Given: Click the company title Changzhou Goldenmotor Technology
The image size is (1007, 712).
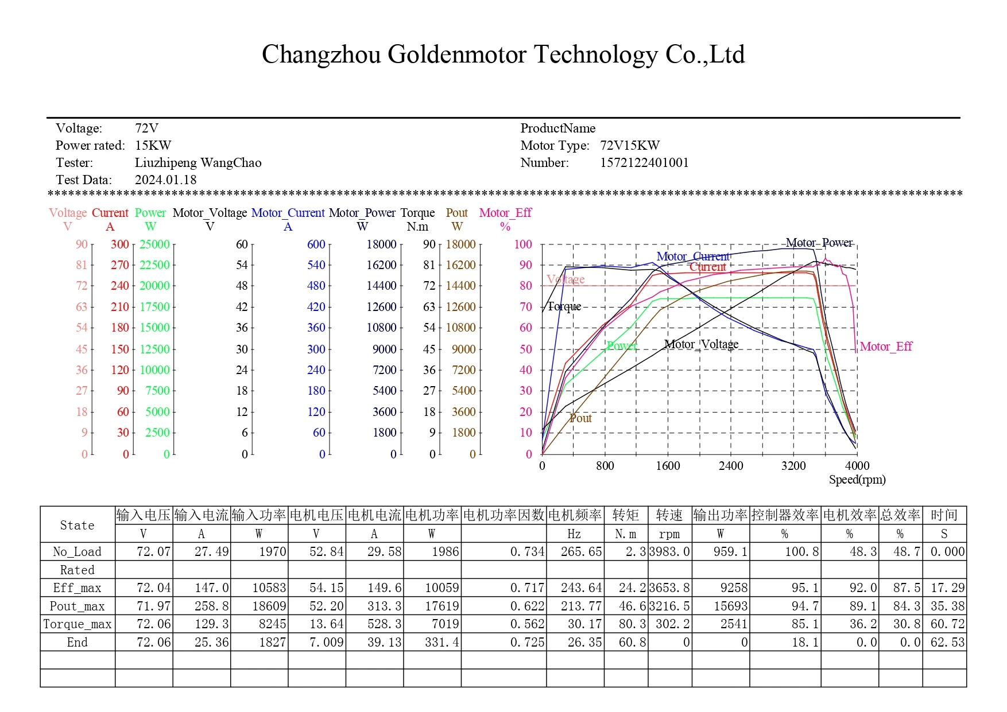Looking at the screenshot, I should pyautogui.click(x=503, y=55).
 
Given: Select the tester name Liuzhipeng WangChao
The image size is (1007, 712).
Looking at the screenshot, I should pyautogui.click(x=198, y=163).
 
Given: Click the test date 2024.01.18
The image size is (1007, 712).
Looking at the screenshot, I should pyautogui.click(x=165, y=180).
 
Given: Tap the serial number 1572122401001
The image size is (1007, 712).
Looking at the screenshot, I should pyautogui.click(x=644, y=163).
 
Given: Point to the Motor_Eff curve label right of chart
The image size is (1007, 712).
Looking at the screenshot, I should pyautogui.click(x=886, y=347).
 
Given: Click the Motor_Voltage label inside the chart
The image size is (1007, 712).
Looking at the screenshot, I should pyautogui.click(x=701, y=344).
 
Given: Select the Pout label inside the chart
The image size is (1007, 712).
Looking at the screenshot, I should pyautogui.click(x=580, y=418).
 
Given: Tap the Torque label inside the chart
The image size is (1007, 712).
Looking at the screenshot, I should pyautogui.click(x=564, y=306).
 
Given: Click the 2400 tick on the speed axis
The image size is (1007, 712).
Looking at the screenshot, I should pyautogui.click(x=731, y=466).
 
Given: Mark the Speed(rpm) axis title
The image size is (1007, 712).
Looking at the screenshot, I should pyautogui.click(x=857, y=480).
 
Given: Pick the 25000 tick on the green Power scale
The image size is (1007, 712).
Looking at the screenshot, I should pyautogui.click(x=154, y=244).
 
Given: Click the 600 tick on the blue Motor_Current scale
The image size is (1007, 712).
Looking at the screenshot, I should pyautogui.click(x=316, y=244).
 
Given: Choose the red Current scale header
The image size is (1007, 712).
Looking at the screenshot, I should pyautogui.click(x=110, y=213).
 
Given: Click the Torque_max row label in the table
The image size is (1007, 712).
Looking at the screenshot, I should pyautogui.click(x=78, y=624).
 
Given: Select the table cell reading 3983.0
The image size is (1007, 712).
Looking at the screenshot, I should pyautogui.click(x=669, y=552).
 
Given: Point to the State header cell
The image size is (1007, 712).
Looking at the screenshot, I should pyautogui.click(x=78, y=525).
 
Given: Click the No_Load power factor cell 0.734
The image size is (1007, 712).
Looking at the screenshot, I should pyautogui.click(x=527, y=552).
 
